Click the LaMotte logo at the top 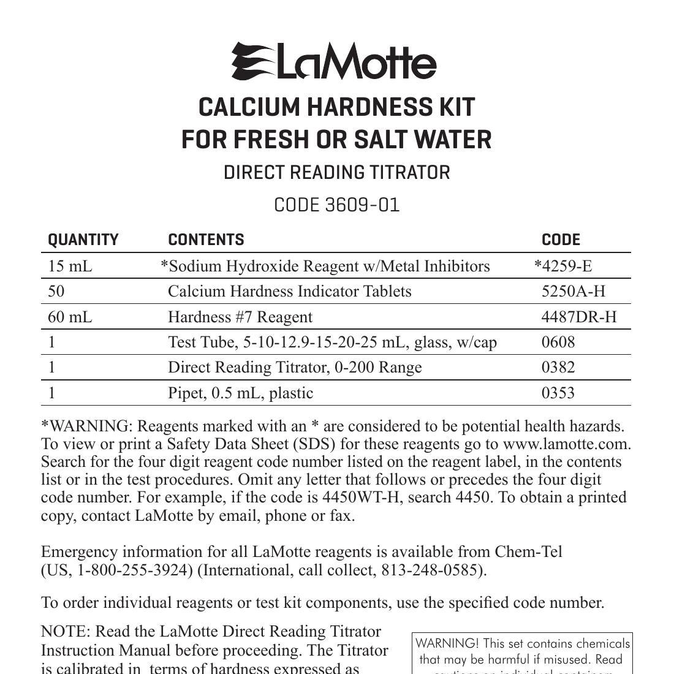[x=334, y=62]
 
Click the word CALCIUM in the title [x=249, y=108]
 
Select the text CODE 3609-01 [x=336, y=205]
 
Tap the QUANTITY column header [x=83, y=240]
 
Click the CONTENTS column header [x=206, y=240]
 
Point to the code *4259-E [x=563, y=266]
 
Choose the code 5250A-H [x=573, y=291]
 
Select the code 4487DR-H [x=579, y=317]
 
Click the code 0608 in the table [x=558, y=342]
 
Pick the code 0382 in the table [x=558, y=367]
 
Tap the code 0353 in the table [x=558, y=393]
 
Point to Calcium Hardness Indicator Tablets [x=290, y=291]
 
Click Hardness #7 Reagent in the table [x=240, y=317]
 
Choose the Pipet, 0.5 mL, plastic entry [x=240, y=393]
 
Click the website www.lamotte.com [x=567, y=444]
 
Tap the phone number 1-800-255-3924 [x=131, y=570]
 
